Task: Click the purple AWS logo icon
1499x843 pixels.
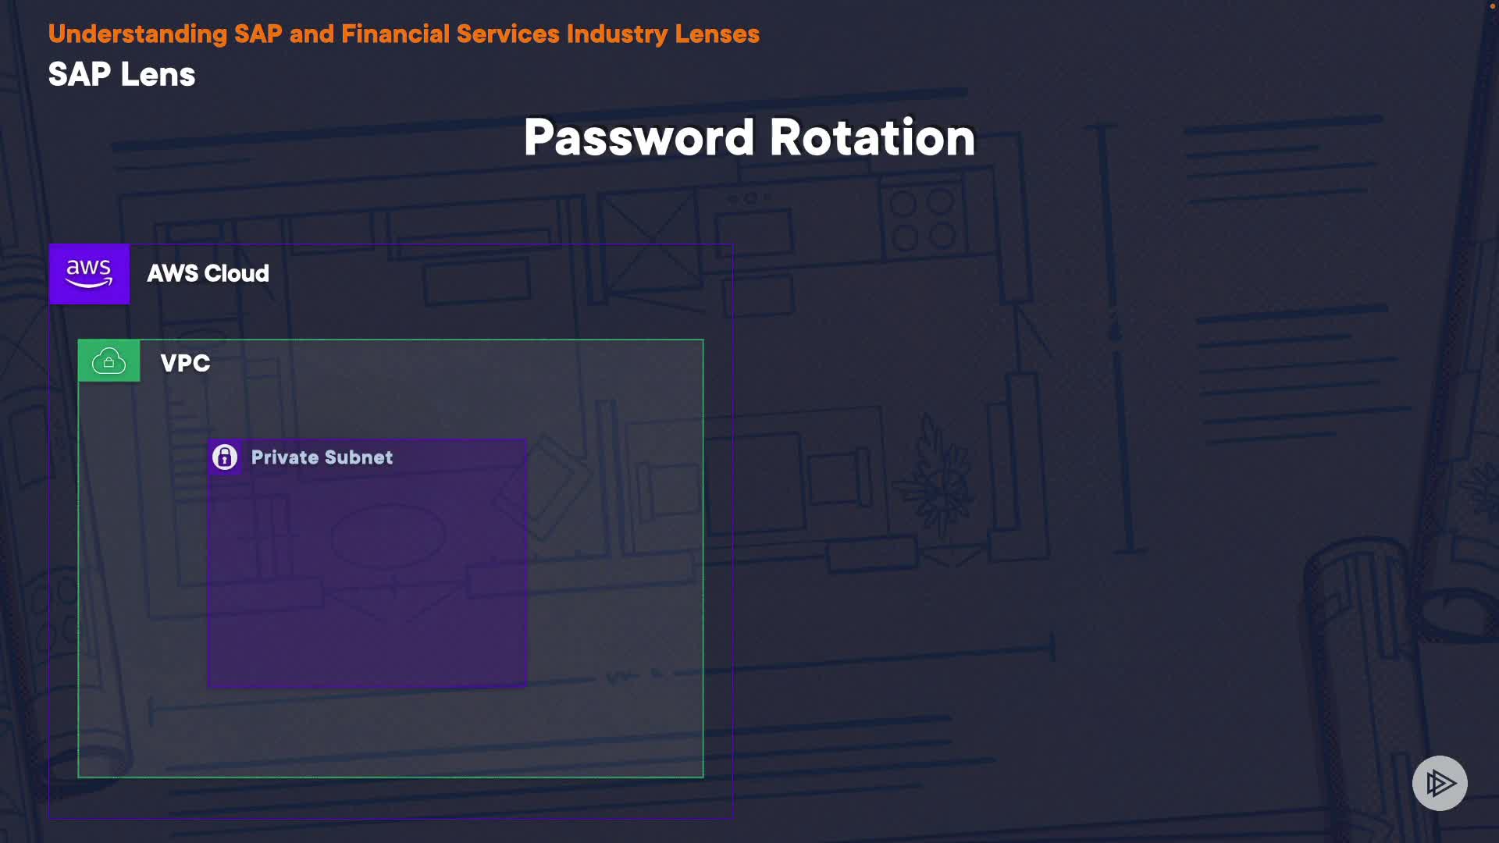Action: coord(89,274)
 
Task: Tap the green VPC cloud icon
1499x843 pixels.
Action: coord(109,361)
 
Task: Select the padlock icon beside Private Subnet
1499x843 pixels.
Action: coord(225,457)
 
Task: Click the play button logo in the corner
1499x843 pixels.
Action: coord(1440,783)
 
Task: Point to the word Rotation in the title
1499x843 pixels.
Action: coord(872,138)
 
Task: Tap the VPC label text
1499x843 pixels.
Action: coord(185,363)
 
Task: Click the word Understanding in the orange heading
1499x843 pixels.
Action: coord(137,34)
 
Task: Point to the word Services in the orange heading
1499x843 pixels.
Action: coord(507,34)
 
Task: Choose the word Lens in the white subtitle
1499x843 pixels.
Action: coord(158,75)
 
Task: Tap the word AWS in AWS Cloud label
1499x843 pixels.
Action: coord(173,273)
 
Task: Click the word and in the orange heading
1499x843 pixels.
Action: coord(312,34)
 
